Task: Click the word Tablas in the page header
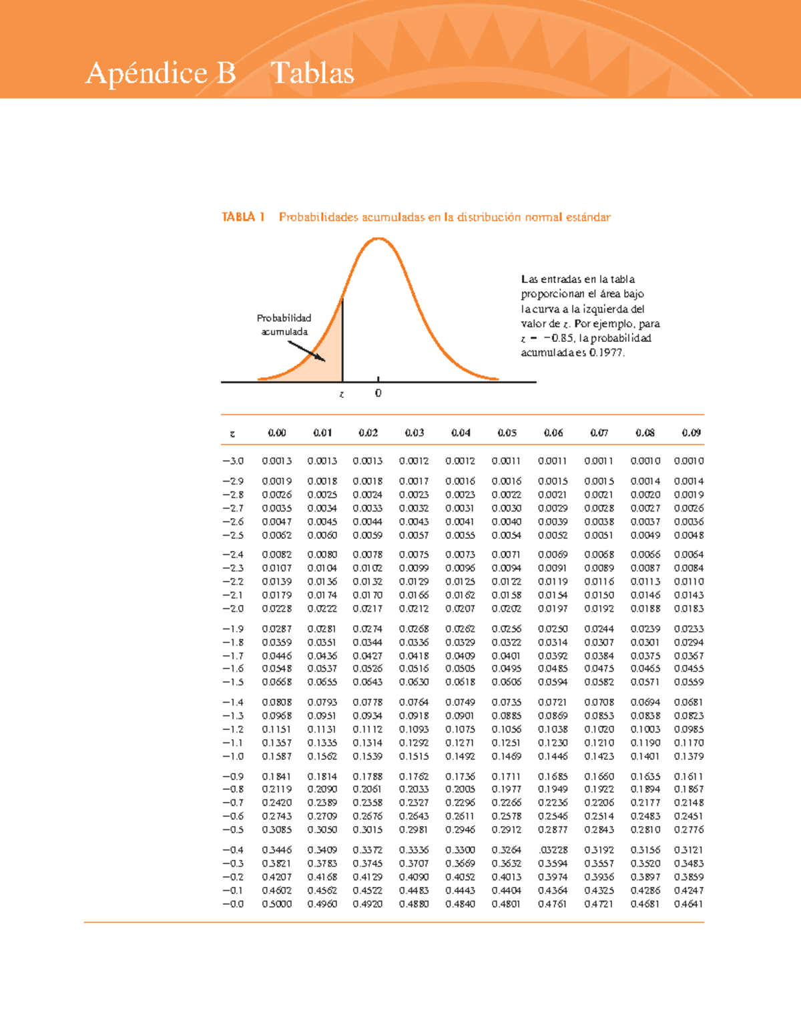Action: point(312,73)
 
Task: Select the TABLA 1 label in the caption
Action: point(243,217)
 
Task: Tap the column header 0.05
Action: point(507,433)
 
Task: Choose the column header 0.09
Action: point(691,433)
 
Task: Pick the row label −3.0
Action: point(233,461)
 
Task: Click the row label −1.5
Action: point(233,682)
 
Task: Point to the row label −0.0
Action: point(233,903)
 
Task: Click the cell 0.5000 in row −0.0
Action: point(276,903)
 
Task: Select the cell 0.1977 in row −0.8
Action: point(507,789)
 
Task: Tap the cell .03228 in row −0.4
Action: point(553,850)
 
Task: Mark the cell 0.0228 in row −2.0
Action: point(276,608)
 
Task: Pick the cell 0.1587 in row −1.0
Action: point(276,756)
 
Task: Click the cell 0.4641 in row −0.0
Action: point(689,903)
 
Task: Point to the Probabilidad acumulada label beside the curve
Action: point(284,325)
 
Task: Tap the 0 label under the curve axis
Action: point(378,393)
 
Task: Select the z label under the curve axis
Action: point(342,394)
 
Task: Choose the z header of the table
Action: point(232,433)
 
